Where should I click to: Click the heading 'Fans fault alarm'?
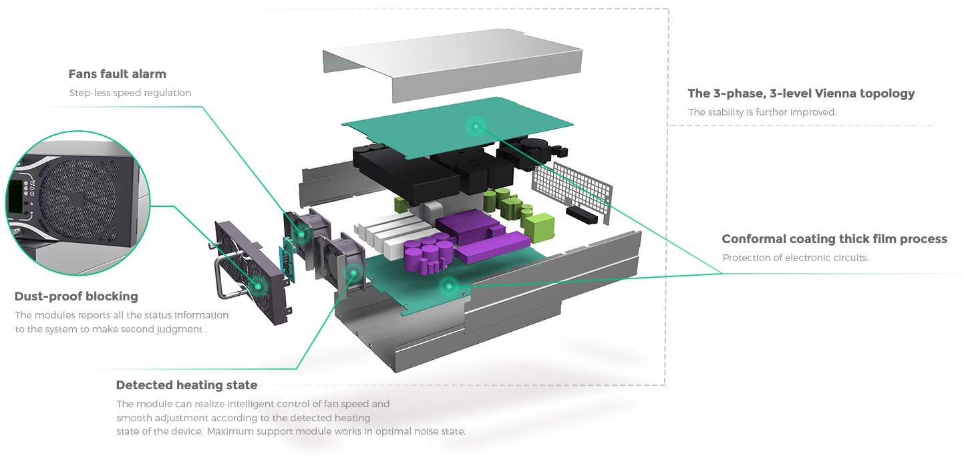coord(117,74)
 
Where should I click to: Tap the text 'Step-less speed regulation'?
coord(130,93)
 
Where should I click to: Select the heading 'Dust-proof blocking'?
coord(76,296)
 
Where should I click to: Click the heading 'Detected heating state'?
coord(186,385)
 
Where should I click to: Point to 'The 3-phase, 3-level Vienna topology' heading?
coord(801,93)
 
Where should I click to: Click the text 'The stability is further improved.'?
coord(762,112)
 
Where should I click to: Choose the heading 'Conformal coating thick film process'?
coord(834,239)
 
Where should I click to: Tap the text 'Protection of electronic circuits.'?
coord(795,258)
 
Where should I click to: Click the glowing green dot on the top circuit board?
coord(476,125)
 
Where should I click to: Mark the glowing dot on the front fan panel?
coord(259,285)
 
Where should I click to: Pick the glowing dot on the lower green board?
coord(449,286)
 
